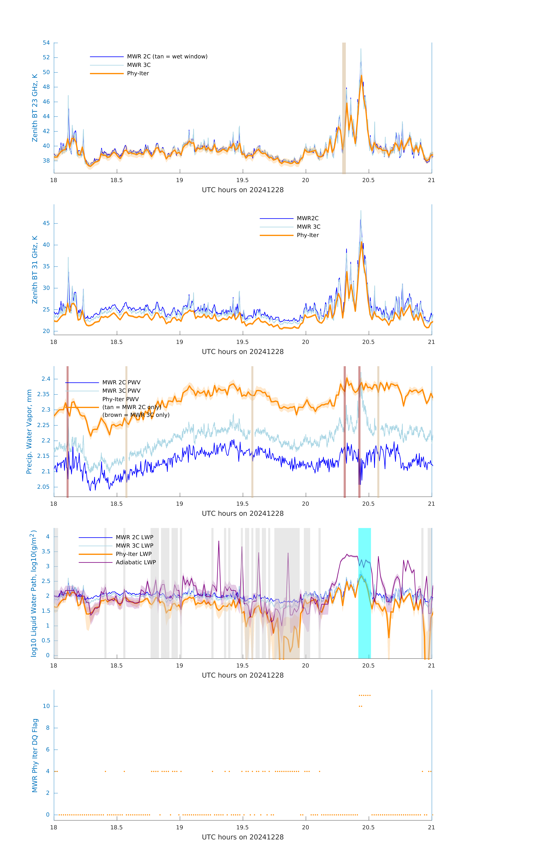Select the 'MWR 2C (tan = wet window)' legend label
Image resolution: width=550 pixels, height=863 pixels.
pyautogui.click(x=167, y=57)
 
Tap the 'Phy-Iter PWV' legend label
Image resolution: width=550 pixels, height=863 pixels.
pyautogui.click(x=120, y=399)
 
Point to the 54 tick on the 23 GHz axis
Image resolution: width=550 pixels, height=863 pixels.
pyautogui.click(x=46, y=43)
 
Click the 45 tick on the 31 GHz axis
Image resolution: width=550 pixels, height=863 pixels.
pyautogui.click(x=46, y=223)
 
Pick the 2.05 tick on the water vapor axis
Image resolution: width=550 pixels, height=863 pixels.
pyautogui.click(x=43, y=487)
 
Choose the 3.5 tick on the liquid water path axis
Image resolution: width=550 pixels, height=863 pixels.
pyautogui.click(x=46, y=552)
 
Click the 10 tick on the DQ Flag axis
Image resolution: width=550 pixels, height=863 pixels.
pyautogui.click(x=46, y=706)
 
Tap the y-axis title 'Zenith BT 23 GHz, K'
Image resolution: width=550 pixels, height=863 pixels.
pyautogui.click(x=35, y=108)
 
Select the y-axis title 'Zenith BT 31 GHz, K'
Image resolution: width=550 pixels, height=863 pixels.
pyautogui.click(x=35, y=270)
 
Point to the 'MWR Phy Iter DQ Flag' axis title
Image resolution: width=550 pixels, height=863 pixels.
pyautogui.click(x=35, y=755)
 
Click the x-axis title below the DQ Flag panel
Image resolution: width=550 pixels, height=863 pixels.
pyautogui.click(x=243, y=837)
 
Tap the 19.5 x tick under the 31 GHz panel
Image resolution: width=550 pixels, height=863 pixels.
pyautogui.click(x=243, y=342)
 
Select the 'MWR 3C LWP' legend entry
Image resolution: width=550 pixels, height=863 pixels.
pyautogui.click(x=134, y=545)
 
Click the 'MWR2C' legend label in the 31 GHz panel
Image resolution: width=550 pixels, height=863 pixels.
pyautogui.click(x=307, y=218)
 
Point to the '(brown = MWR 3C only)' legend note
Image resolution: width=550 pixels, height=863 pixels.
pyautogui.click(x=136, y=415)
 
